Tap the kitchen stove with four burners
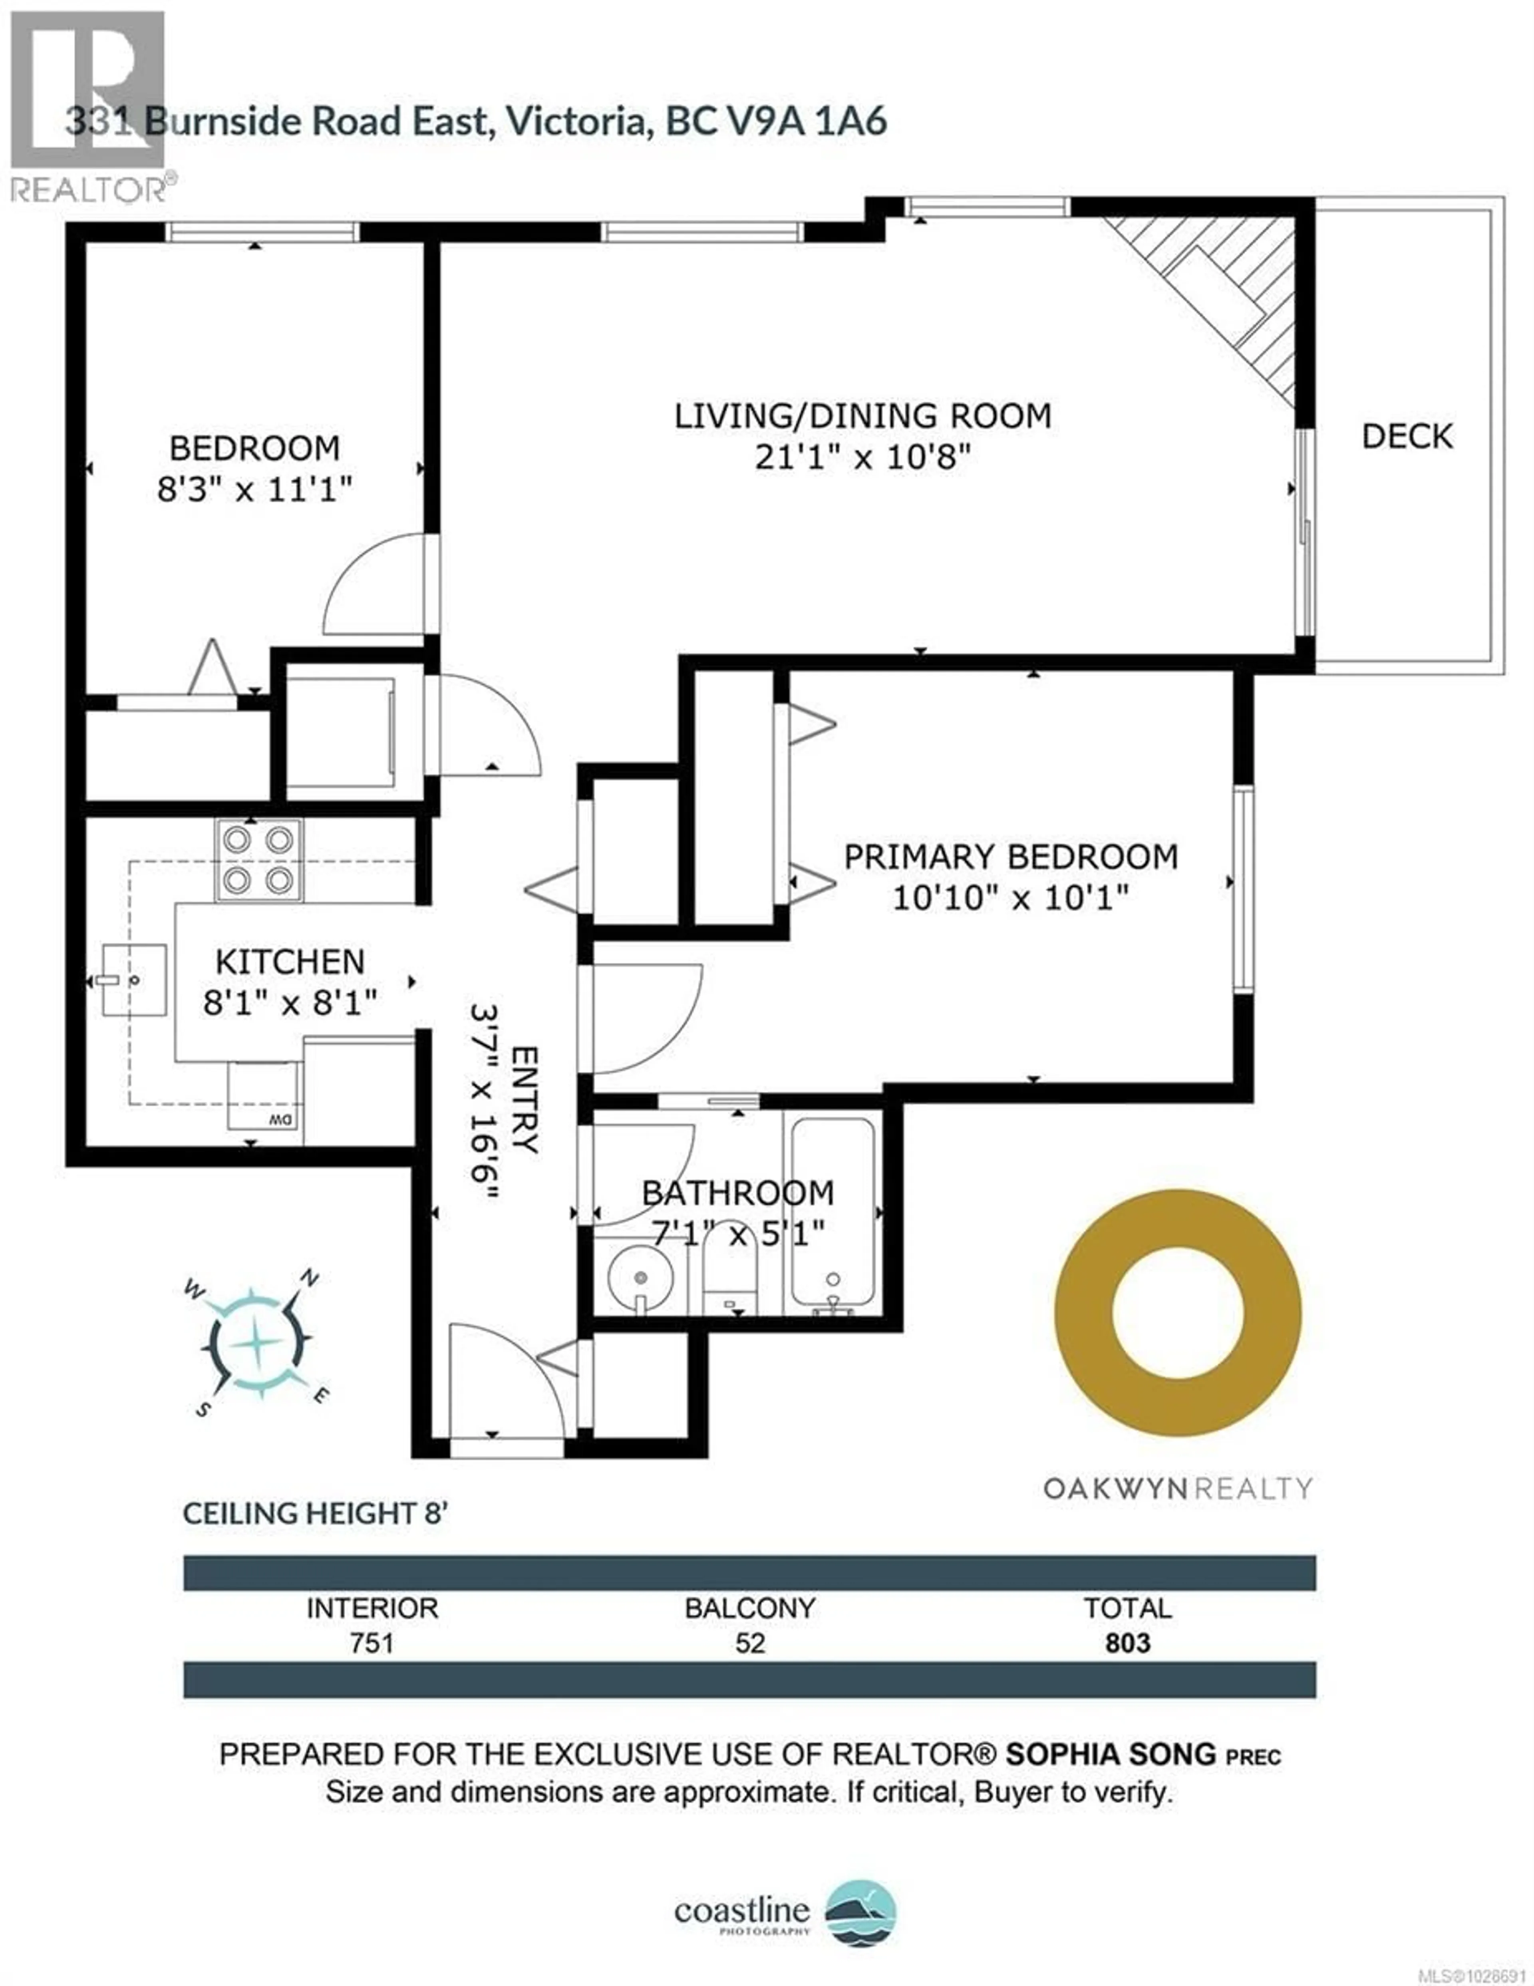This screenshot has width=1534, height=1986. click(x=258, y=859)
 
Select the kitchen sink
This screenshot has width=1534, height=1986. click(x=134, y=979)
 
